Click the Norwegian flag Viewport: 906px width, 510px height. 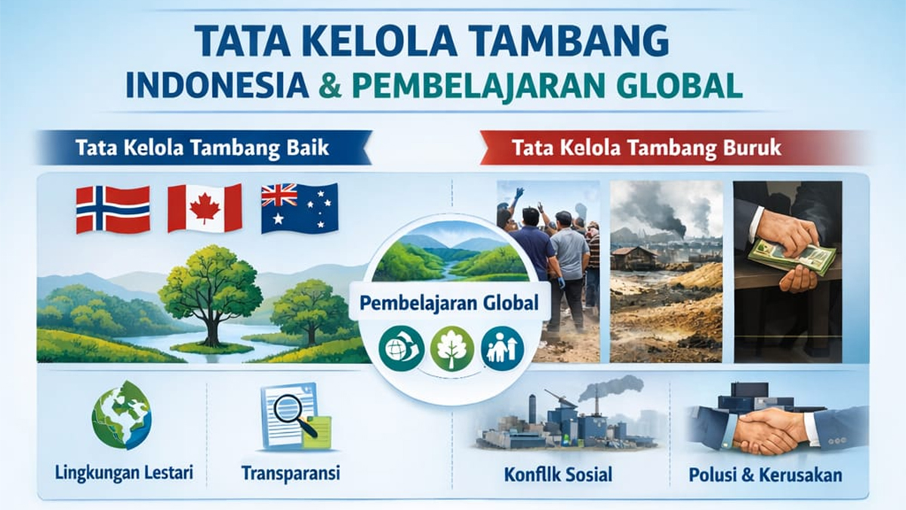[x=112, y=209]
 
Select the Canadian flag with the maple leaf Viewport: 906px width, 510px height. [x=205, y=208]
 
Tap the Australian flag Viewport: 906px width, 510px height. [x=299, y=208]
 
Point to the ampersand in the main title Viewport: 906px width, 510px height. [x=330, y=85]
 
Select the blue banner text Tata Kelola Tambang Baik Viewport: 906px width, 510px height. [x=202, y=148]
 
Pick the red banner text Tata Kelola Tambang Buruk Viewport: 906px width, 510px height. [x=647, y=148]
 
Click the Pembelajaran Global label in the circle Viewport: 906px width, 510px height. [x=449, y=303]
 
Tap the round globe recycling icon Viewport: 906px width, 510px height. [x=401, y=348]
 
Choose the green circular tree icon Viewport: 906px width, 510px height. [x=451, y=348]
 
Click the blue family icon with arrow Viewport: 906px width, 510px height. [x=502, y=348]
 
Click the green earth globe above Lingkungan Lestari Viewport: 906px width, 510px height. [x=122, y=415]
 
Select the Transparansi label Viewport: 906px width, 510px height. [x=291, y=473]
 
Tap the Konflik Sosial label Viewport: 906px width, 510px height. [x=558, y=474]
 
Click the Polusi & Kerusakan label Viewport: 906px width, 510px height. [x=766, y=474]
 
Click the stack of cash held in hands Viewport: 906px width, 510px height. [x=791, y=253]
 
